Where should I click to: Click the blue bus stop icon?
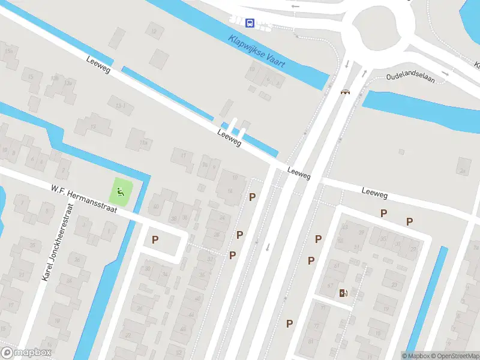(250, 23)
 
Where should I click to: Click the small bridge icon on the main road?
(345, 92)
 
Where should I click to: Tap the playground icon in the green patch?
(121, 193)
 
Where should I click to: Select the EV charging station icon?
(343, 293)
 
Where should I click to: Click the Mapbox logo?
(26, 353)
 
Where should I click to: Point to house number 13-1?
(119, 106)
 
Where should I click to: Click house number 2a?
(206, 164)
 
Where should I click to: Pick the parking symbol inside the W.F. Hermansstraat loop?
(155, 240)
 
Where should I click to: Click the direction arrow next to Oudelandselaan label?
(445, 74)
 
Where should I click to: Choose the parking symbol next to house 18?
(253, 197)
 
